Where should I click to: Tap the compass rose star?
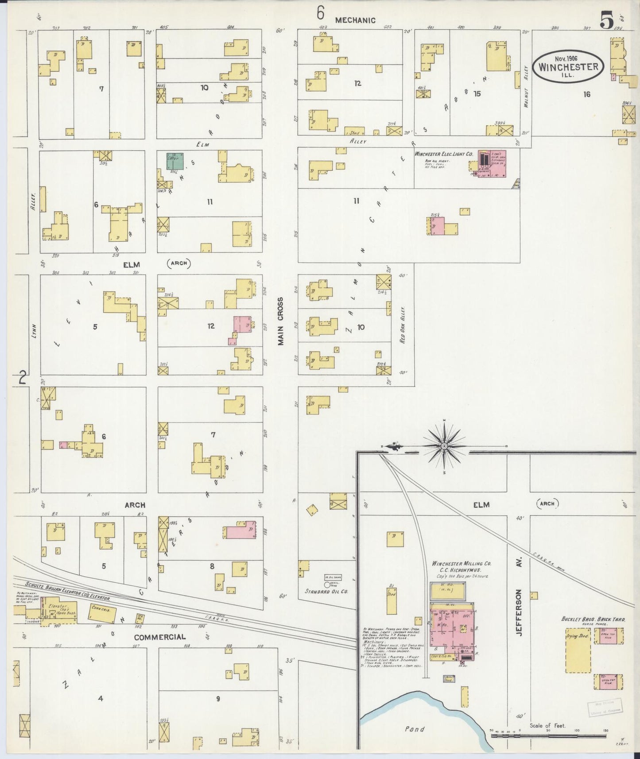pos(444,446)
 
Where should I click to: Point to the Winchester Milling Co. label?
pos(461,564)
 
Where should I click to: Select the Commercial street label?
pos(159,637)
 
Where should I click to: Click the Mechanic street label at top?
pos(355,20)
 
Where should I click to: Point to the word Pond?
pos(415,729)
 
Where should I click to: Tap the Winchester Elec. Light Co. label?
pos(443,154)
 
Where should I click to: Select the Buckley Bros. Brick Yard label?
pos(593,619)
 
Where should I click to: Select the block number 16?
pos(586,94)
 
